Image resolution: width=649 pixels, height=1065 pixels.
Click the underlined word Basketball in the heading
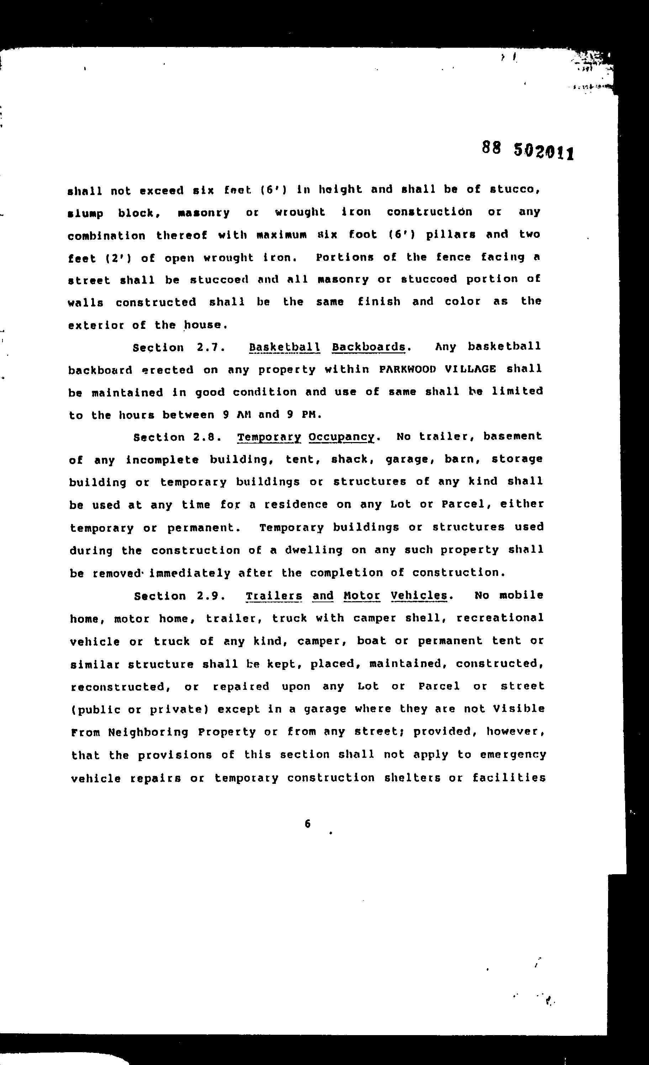coord(285,347)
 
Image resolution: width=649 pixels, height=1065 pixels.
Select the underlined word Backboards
coord(369,347)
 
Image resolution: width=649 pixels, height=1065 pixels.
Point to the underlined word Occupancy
coord(341,437)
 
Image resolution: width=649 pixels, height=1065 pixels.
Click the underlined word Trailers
coord(274,596)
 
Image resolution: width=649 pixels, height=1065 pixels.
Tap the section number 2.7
coord(210,347)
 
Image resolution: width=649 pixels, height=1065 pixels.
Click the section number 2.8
coord(208,437)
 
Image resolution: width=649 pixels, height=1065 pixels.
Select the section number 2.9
coord(210,596)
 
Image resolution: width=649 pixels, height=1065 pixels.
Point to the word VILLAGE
coord(470,369)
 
